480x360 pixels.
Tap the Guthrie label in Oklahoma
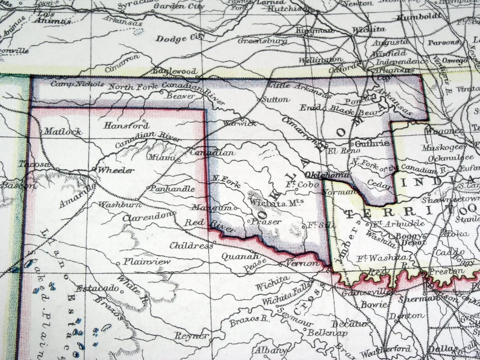coord(372,143)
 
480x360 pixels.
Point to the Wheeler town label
coord(115,170)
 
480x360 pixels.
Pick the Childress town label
coord(191,245)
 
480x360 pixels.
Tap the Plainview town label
coord(147,261)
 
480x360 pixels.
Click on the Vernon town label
coord(302,263)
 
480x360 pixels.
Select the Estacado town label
coord(97,288)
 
